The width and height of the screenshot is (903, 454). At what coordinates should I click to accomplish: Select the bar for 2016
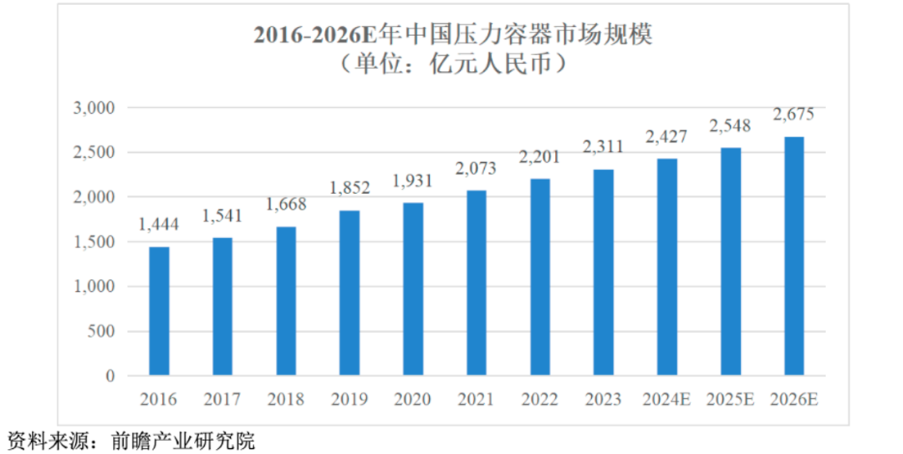[x=159, y=311]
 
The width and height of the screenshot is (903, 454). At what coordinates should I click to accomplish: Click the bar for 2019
[x=349, y=293]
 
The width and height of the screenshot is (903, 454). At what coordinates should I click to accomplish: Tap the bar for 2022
[x=540, y=277]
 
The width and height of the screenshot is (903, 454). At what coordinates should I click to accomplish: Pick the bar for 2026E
[x=793, y=256]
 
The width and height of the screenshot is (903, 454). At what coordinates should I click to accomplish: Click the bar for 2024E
[x=667, y=267]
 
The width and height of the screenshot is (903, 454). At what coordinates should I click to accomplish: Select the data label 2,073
[x=477, y=170]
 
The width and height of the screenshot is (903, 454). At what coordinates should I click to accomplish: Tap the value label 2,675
[x=793, y=115]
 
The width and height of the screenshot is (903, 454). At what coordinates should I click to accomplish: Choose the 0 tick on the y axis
[x=109, y=376]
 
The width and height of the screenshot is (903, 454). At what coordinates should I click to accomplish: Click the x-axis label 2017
[x=222, y=399]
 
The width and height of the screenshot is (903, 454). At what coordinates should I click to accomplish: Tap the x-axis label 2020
[x=413, y=399]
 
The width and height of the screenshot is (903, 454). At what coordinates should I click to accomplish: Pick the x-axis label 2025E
[x=730, y=399]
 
